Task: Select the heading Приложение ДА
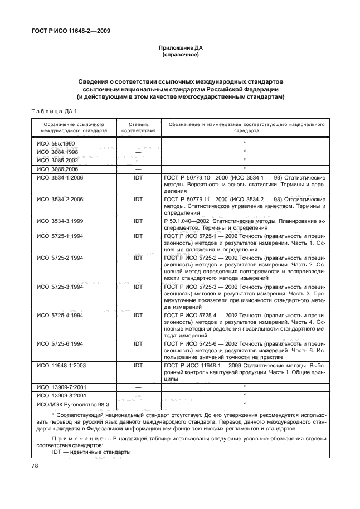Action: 180,49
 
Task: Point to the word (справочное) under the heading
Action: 180,56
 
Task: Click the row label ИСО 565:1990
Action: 55,143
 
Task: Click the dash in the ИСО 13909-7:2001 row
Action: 138,387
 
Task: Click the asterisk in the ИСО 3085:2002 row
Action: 244,159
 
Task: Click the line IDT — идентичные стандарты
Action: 84,452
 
